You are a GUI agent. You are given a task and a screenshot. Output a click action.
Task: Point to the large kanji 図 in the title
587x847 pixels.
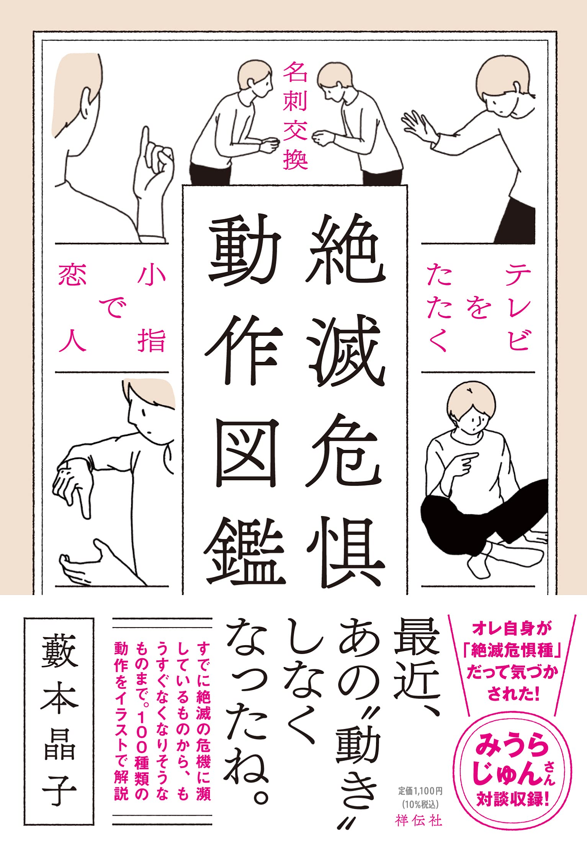(x=245, y=454)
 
